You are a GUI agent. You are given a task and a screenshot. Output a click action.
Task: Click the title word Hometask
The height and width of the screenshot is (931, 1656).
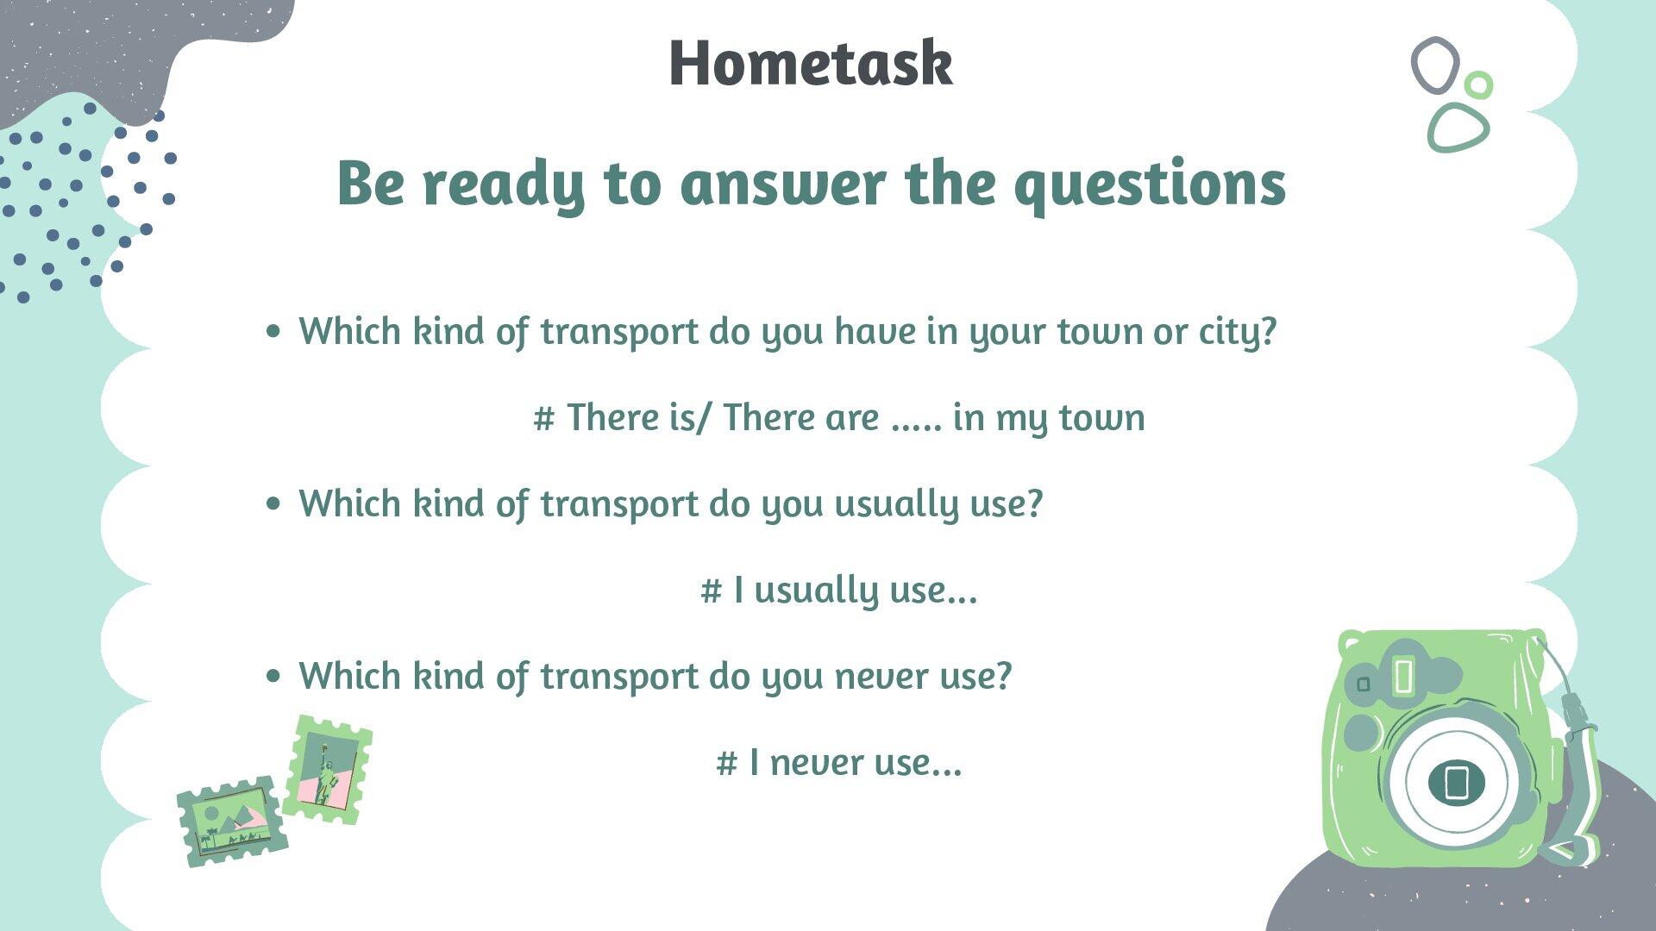pyautogui.click(x=810, y=64)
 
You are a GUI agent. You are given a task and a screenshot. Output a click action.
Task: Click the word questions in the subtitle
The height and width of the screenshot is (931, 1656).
pyautogui.click(x=1150, y=184)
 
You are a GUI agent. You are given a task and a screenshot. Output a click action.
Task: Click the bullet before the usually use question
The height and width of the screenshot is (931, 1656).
pyautogui.click(x=273, y=503)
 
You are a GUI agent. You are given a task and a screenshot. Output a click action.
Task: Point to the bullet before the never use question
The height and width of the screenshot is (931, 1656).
pyautogui.click(x=273, y=676)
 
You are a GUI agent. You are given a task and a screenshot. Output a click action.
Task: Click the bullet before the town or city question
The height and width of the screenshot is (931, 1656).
pyautogui.click(x=273, y=331)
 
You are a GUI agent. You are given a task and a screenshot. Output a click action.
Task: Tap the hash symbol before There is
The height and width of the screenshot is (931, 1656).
pyautogui.click(x=543, y=419)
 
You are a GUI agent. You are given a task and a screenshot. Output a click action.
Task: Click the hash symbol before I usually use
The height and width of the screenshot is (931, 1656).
pyautogui.click(x=711, y=591)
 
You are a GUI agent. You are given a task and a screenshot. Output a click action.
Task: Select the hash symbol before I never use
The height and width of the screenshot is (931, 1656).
pyautogui.click(x=726, y=764)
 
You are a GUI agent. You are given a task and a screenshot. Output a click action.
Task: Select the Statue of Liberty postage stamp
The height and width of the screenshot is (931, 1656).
pyautogui.click(x=327, y=770)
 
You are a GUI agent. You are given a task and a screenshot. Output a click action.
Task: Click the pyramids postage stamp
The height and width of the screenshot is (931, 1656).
pyautogui.click(x=231, y=822)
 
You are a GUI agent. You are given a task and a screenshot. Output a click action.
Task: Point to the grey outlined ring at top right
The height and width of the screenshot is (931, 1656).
pyautogui.click(x=1434, y=66)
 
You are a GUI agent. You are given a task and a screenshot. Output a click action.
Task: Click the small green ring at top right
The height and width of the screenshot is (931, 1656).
pyautogui.click(x=1478, y=84)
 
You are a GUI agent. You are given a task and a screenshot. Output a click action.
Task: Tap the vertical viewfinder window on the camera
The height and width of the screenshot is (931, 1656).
pyautogui.click(x=1403, y=677)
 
